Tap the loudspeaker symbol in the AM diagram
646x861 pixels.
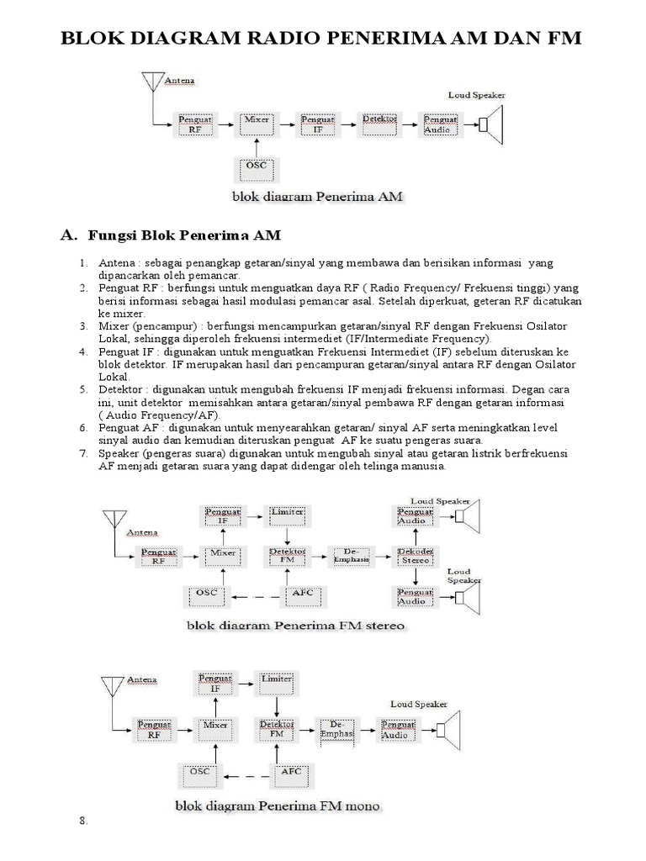490,125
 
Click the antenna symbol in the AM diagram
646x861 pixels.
151,82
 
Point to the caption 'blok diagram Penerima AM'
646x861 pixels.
318,198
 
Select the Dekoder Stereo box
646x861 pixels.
415,556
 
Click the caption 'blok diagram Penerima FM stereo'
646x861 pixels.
295,626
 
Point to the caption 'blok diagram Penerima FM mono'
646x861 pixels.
278,806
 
